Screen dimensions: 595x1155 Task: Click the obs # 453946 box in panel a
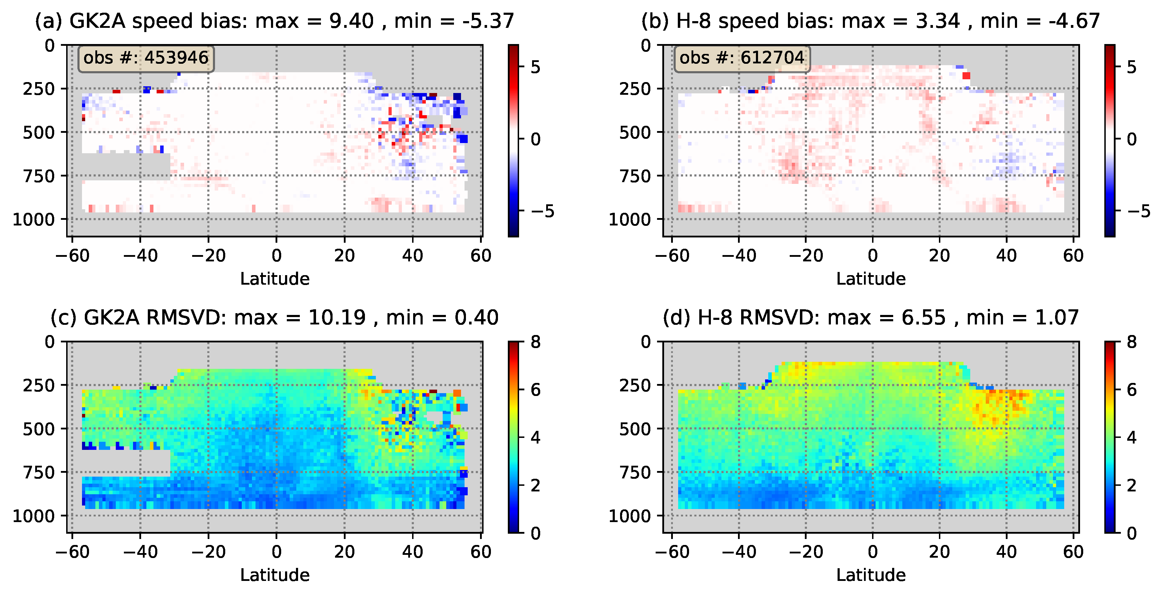point(146,58)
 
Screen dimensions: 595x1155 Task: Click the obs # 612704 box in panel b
point(742,58)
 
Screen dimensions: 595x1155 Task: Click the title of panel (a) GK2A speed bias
point(274,21)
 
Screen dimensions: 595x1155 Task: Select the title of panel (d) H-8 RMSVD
point(870,318)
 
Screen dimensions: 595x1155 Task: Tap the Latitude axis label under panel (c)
point(274,575)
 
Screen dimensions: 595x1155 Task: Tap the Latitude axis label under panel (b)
point(871,279)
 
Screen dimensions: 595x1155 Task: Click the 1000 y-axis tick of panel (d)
point(629,516)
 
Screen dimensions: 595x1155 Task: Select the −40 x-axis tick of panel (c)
point(140,551)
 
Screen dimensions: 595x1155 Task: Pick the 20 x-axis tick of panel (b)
point(939,255)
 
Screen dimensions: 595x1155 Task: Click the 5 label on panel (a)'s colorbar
point(535,67)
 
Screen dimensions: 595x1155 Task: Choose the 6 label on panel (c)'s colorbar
point(535,390)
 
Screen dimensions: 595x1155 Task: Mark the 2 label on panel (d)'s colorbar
point(1131,485)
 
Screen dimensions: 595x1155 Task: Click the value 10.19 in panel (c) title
point(337,318)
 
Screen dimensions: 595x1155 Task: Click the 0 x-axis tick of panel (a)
point(276,255)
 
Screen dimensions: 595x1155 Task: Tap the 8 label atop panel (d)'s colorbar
point(1131,342)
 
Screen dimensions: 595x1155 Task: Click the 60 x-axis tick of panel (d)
point(1073,551)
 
